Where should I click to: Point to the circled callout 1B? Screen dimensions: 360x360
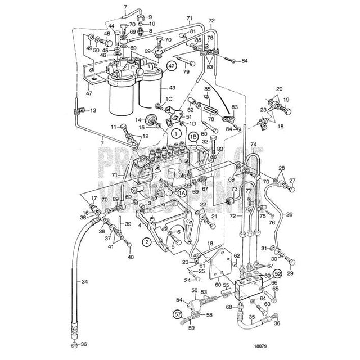193,135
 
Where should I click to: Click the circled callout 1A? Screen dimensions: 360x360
182,192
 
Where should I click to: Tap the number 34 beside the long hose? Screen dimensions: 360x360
85,281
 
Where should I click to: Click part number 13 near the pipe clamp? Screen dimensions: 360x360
94,110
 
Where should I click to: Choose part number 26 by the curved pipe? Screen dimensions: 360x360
289,214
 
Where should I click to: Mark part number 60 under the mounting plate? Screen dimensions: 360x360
217,285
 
